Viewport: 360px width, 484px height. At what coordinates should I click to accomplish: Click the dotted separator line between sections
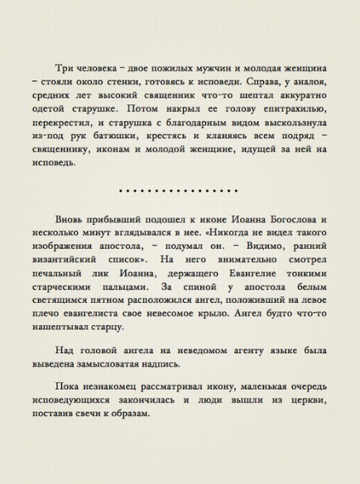click(180, 191)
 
